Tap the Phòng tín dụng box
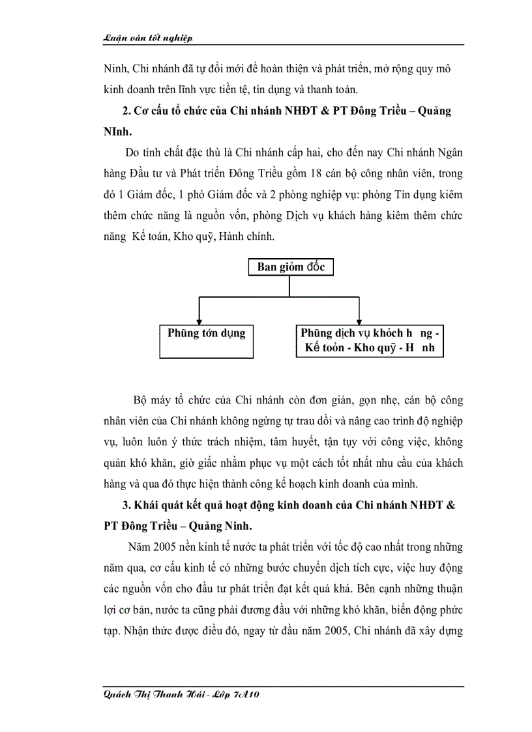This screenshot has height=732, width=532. point(207,341)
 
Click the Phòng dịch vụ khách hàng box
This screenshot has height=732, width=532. point(370,341)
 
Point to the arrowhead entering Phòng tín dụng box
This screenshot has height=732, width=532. point(199,319)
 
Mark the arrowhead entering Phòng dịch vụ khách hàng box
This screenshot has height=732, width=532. point(359,319)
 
